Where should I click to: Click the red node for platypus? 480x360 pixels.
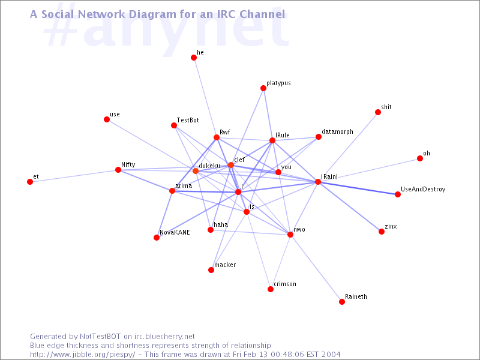(x=263, y=88)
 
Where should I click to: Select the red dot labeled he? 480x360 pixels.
(x=194, y=58)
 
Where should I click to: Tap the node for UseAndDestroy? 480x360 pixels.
(x=398, y=194)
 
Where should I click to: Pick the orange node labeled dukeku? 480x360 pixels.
(x=196, y=171)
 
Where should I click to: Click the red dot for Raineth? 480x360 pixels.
(x=342, y=302)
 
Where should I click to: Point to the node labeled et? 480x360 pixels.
(x=30, y=182)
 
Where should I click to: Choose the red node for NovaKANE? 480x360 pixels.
(x=157, y=238)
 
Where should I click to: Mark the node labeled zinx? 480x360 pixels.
(x=382, y=232)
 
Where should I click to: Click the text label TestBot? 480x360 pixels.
(x=188, y=120)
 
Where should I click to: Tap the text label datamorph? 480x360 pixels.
(x=337, y=131)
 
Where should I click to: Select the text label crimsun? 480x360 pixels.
(x=285, y=284)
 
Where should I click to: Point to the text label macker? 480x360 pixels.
(x=225, y=265)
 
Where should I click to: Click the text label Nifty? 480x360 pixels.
(x=128, y=164)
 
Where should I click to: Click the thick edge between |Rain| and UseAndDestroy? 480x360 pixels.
(x=358, y=188)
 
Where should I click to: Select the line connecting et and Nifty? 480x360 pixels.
(x=74, y=176)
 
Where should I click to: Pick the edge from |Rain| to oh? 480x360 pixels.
(x=369, y=170)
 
